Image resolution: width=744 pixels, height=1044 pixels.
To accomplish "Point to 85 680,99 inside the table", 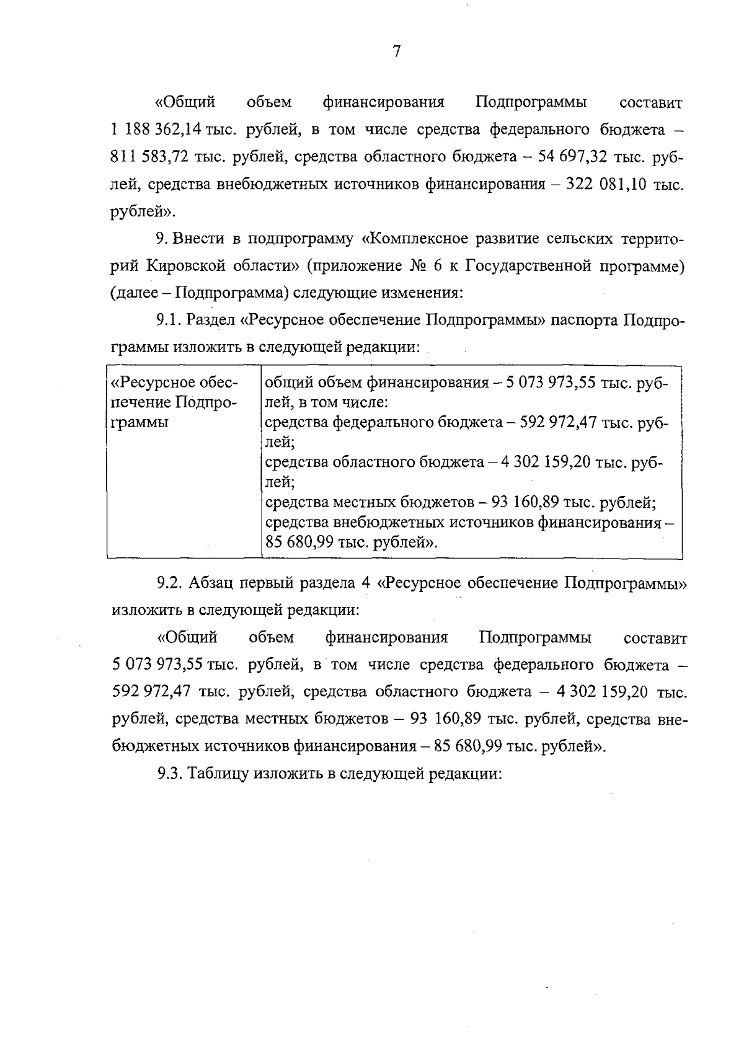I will point(299,542).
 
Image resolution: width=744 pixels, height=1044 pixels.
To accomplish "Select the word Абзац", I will point(211,583).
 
